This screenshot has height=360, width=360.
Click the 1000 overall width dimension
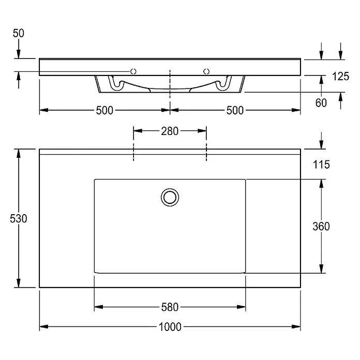(170, 327)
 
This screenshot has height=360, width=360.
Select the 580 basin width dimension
(170, 307)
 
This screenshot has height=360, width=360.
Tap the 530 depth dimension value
(19, 218)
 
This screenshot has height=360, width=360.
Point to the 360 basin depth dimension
(321, 226)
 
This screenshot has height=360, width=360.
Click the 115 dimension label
(321, 164)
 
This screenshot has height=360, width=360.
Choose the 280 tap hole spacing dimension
(170, 131)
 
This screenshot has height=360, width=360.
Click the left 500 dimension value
(104, 110)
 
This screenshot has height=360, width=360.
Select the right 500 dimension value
(235, 110)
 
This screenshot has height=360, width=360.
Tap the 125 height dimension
(341, 76)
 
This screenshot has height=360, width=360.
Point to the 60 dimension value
(321, 102)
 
